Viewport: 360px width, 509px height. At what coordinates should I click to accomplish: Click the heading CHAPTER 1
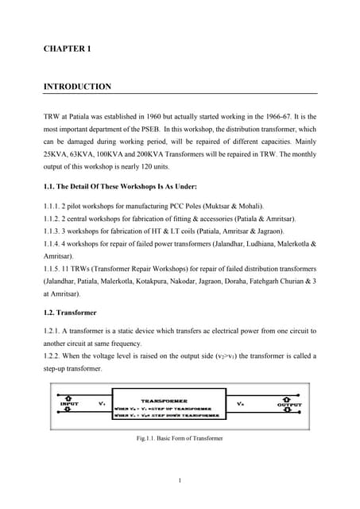(x=68, y=49)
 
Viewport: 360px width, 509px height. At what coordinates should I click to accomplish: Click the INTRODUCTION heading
(x=77, y=86)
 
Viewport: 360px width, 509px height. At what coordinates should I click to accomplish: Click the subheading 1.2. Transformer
(x=73, y=313)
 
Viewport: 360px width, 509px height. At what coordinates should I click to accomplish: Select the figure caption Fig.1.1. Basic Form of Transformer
(x=180, y=438)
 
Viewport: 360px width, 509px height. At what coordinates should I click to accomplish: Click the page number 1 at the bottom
(x=180, y=480)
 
